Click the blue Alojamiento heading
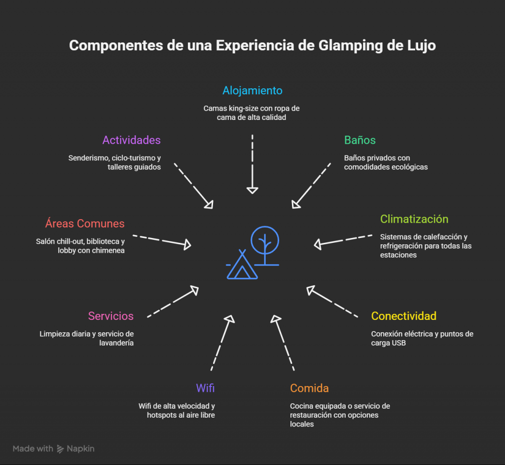coord(252,90)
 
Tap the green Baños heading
coord(360,140)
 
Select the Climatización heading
coord(414,219)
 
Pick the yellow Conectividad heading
coord(403,316)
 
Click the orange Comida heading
coord(309,388)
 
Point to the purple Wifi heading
coord(205,388)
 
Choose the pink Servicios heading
coord(110,316)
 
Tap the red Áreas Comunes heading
coord(85,224)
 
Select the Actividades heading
coord(131,140)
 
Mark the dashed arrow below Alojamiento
coord(252,163)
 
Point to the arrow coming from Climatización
coord(343,239)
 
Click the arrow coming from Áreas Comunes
coord(162,240)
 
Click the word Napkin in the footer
coord(80,449)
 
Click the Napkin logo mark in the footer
coord(60,449)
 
